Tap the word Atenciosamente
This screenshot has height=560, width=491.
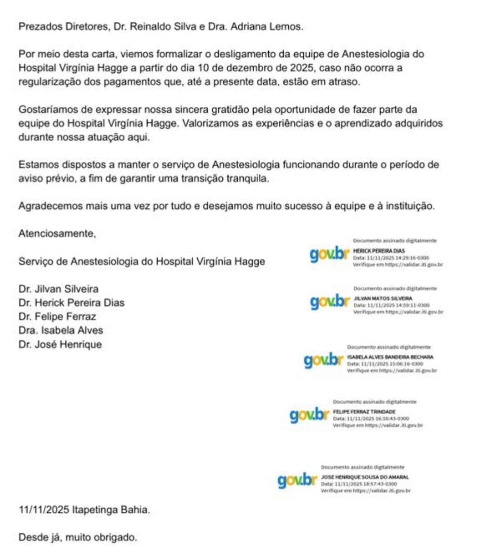(x=57, y=234)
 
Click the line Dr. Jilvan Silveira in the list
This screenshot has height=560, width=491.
(x=58, y=289)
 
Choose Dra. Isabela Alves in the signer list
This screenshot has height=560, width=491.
(x=61, y=331)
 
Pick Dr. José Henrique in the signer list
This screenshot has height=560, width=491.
(x=60, y=345)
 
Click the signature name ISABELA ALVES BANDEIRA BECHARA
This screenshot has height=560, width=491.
(x=390, y=357)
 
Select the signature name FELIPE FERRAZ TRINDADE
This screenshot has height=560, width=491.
(x=364, y=412)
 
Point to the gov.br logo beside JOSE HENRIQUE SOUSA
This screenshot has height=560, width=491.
(x=297, y=480)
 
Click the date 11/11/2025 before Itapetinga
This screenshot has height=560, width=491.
(x=44, y=510)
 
